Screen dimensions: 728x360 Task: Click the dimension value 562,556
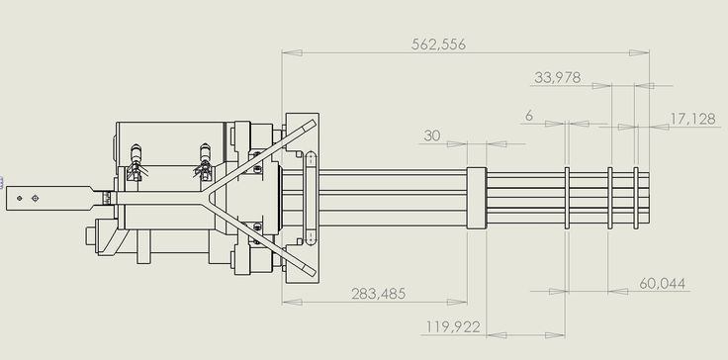click(438, 45)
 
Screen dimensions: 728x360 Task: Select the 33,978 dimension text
click(557, 77)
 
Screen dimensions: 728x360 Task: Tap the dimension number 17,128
click(692, 119)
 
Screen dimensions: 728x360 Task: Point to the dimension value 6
click(529, 116)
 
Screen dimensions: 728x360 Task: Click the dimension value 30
click(432, 135)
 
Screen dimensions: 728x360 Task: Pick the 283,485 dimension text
click(379, 294)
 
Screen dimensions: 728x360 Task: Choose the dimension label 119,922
click(453, 327)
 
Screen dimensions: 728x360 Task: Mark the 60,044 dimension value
click(662, 284)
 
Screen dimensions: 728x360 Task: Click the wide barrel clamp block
click(477, 198)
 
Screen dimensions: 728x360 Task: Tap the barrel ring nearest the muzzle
click(636, 198)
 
